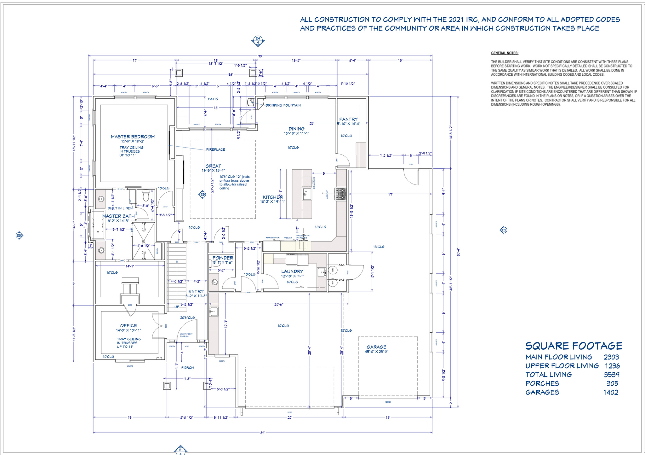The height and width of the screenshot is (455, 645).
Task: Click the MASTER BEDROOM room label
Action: coord(133,137)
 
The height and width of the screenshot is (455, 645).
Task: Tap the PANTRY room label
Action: coord(348,119)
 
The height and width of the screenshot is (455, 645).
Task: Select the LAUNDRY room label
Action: coord(292,271)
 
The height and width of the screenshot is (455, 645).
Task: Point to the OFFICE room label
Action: coord(128,325)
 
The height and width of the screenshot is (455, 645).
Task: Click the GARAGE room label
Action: coord(376,347)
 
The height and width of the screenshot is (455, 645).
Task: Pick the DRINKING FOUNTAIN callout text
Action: coord(283,105)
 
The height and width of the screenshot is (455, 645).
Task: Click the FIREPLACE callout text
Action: coord(216,149)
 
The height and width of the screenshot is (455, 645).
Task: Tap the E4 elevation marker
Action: coord(258,40)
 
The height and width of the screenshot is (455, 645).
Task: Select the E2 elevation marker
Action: coord(504,230)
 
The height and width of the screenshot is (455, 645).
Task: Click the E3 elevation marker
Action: coord(19,235)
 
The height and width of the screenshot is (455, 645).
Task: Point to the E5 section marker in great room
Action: coord(203,195)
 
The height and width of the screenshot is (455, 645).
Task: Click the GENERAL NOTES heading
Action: coord(505,53)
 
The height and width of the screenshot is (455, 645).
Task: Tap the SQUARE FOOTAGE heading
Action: coord(574,346)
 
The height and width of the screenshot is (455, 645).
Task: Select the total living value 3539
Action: coord(611,375)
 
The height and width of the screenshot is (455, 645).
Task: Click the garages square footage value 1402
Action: coord(611,392)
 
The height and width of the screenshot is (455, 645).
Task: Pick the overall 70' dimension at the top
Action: coord(260,56)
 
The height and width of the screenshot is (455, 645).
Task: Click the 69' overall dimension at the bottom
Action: coord(263,433)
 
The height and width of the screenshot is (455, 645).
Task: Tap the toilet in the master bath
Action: coord(146,196)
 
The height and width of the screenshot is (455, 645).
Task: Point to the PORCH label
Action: coord(187,368)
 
